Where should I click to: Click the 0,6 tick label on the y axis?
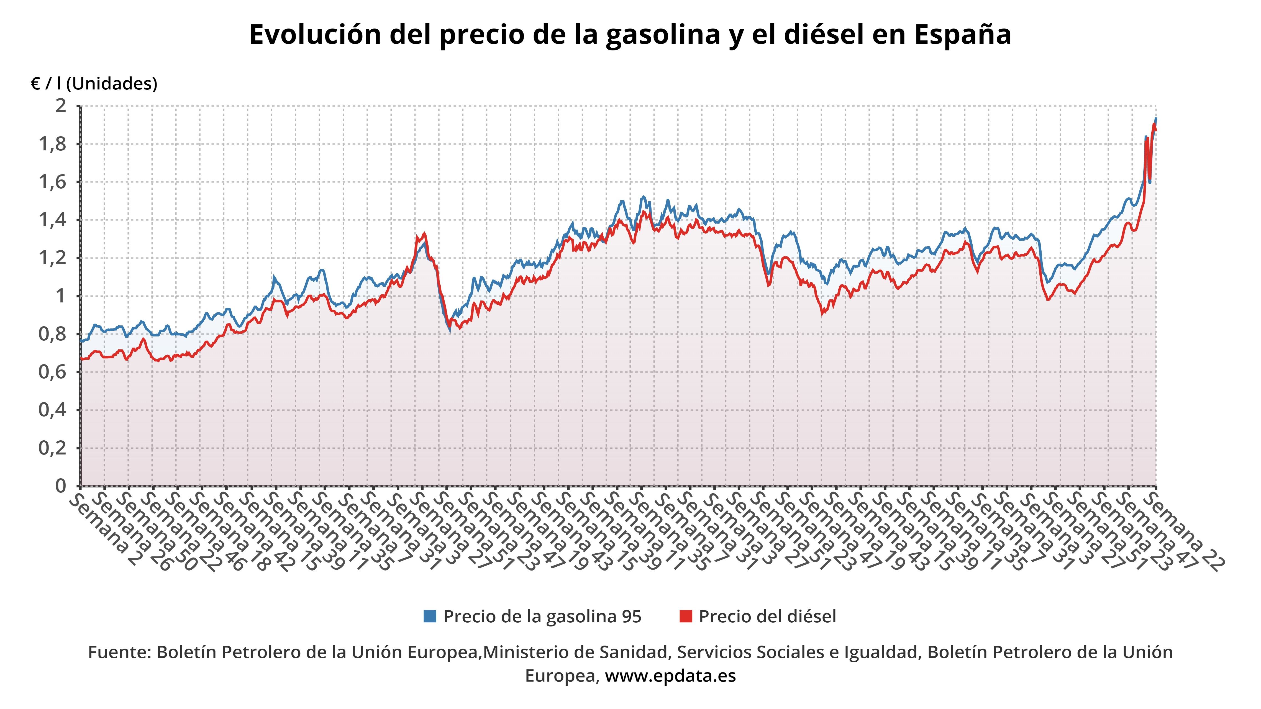click(x=52, y=372)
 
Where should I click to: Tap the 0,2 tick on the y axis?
click(x=52, y=448)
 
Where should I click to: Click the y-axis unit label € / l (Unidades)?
click(x=94, y=84)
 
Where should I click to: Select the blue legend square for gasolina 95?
click(x=430, y=616)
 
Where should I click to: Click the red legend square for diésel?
click(x=686, y=616)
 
